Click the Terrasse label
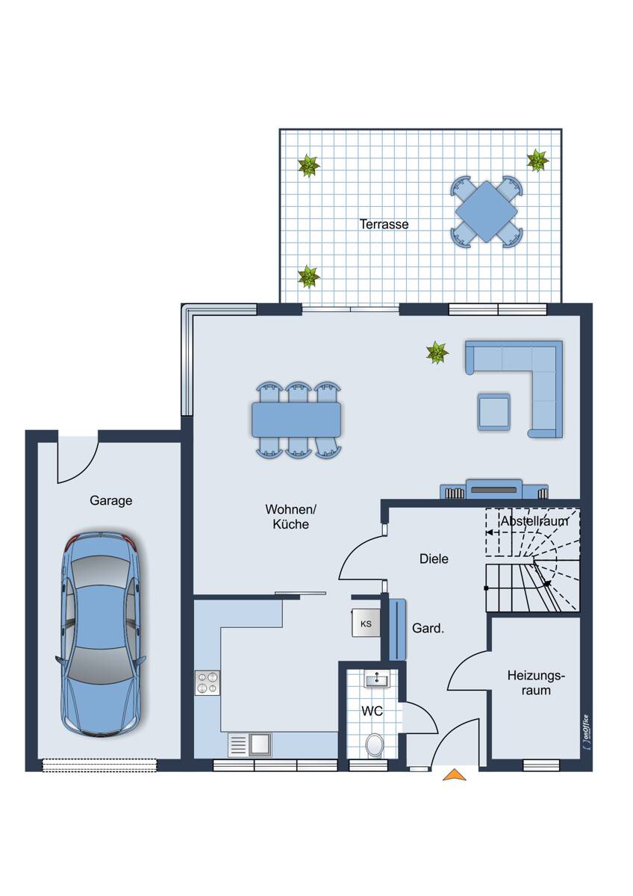click(x=384, y=224)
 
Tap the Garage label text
click(x=110, y=500)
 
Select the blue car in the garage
click(x=101, y=634)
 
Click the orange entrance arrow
click(x=455, y=775)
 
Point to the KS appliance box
click(x=366, y=623)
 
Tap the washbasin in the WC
click(x=377, y=680)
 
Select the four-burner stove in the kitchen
click(x=207, y=682)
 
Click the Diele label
click(x=434, y=559)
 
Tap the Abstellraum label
click(x=534, y=521)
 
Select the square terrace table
click(x=486, y=211)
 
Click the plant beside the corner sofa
click(x=437, y=352)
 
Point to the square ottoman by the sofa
click(x=494, y=412)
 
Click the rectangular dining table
click(x=296, y=420)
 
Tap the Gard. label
click(x=428, y=629)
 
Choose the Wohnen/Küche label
click(x=290, y=517)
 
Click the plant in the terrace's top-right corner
click(x=537, y=161)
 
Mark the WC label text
click(x=372, y=711)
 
